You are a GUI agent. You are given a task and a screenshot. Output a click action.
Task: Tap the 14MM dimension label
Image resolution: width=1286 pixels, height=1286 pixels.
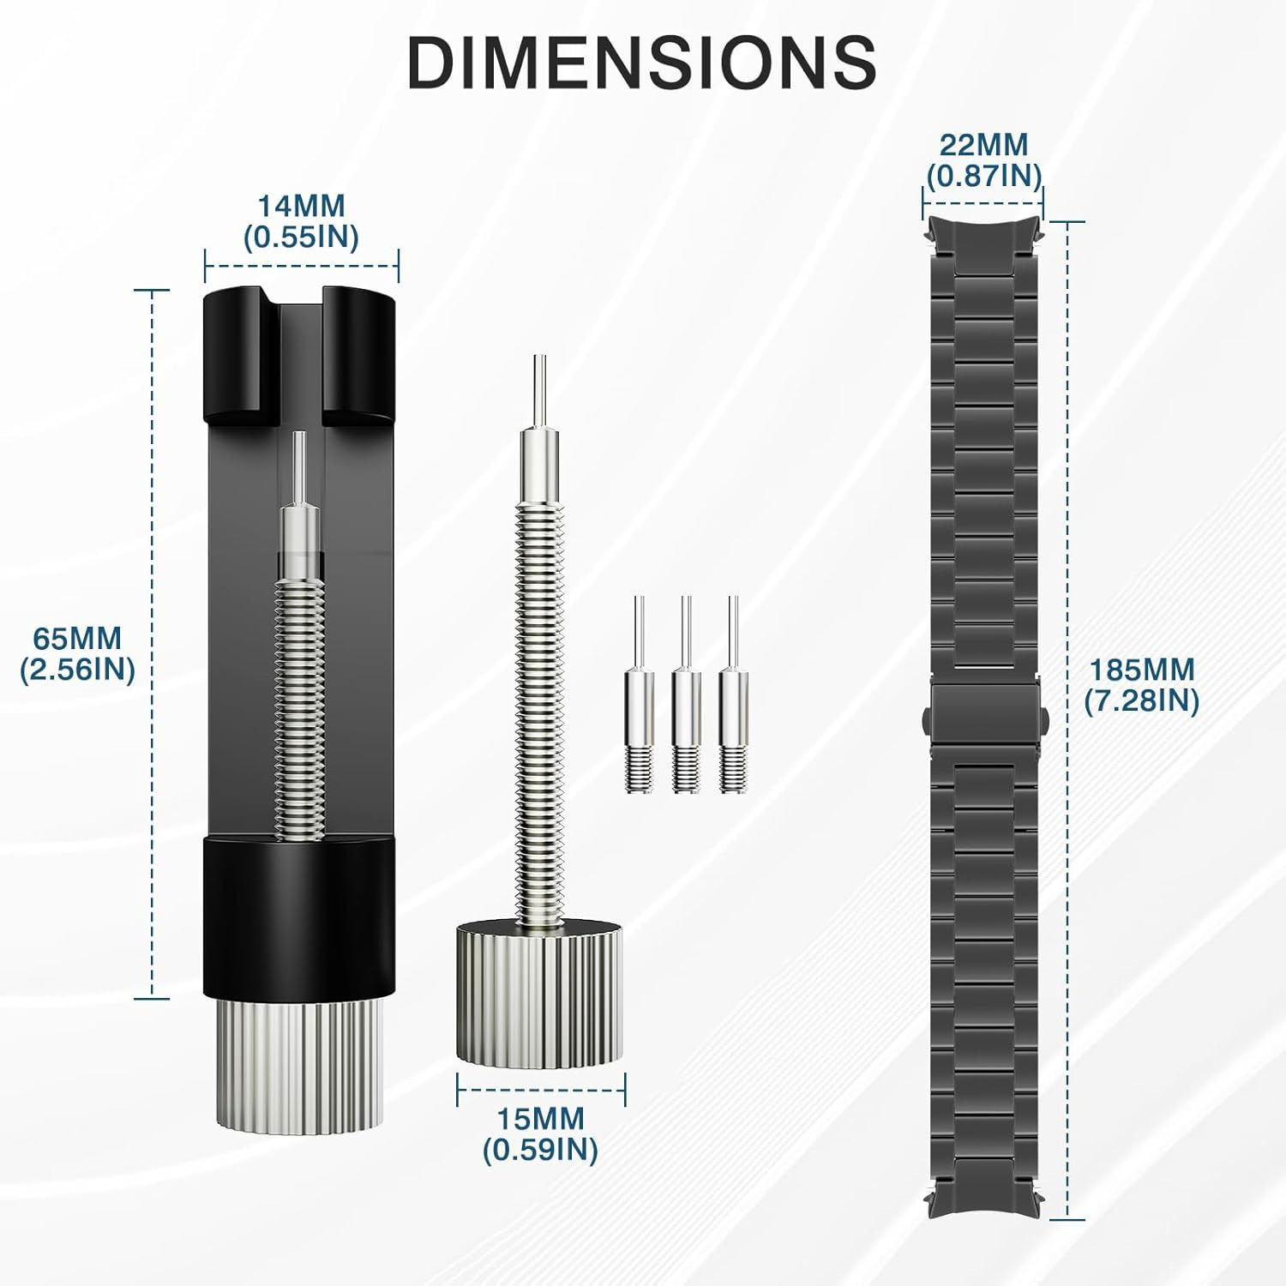pyautogui.click(x=302, y=207)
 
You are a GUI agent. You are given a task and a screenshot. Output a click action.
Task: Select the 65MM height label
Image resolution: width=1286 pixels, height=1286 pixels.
pyautogui.click(x=77, y=639)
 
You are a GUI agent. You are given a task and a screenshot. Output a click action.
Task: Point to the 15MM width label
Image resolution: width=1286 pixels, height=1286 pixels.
pyautogui.click(x=540, y=1119)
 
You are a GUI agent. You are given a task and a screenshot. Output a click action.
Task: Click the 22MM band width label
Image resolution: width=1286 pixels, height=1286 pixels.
pyautogui.click(x=983, y=145)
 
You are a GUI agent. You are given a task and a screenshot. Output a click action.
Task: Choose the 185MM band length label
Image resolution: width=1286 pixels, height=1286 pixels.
pyautogui.click(x=1141, y=669)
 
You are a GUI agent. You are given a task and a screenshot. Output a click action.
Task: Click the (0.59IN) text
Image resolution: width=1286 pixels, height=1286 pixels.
pyautogui.click(x=540, y=1150)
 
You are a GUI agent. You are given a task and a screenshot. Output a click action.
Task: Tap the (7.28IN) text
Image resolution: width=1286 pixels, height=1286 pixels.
pyautogui.click(x=1141, y=700)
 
